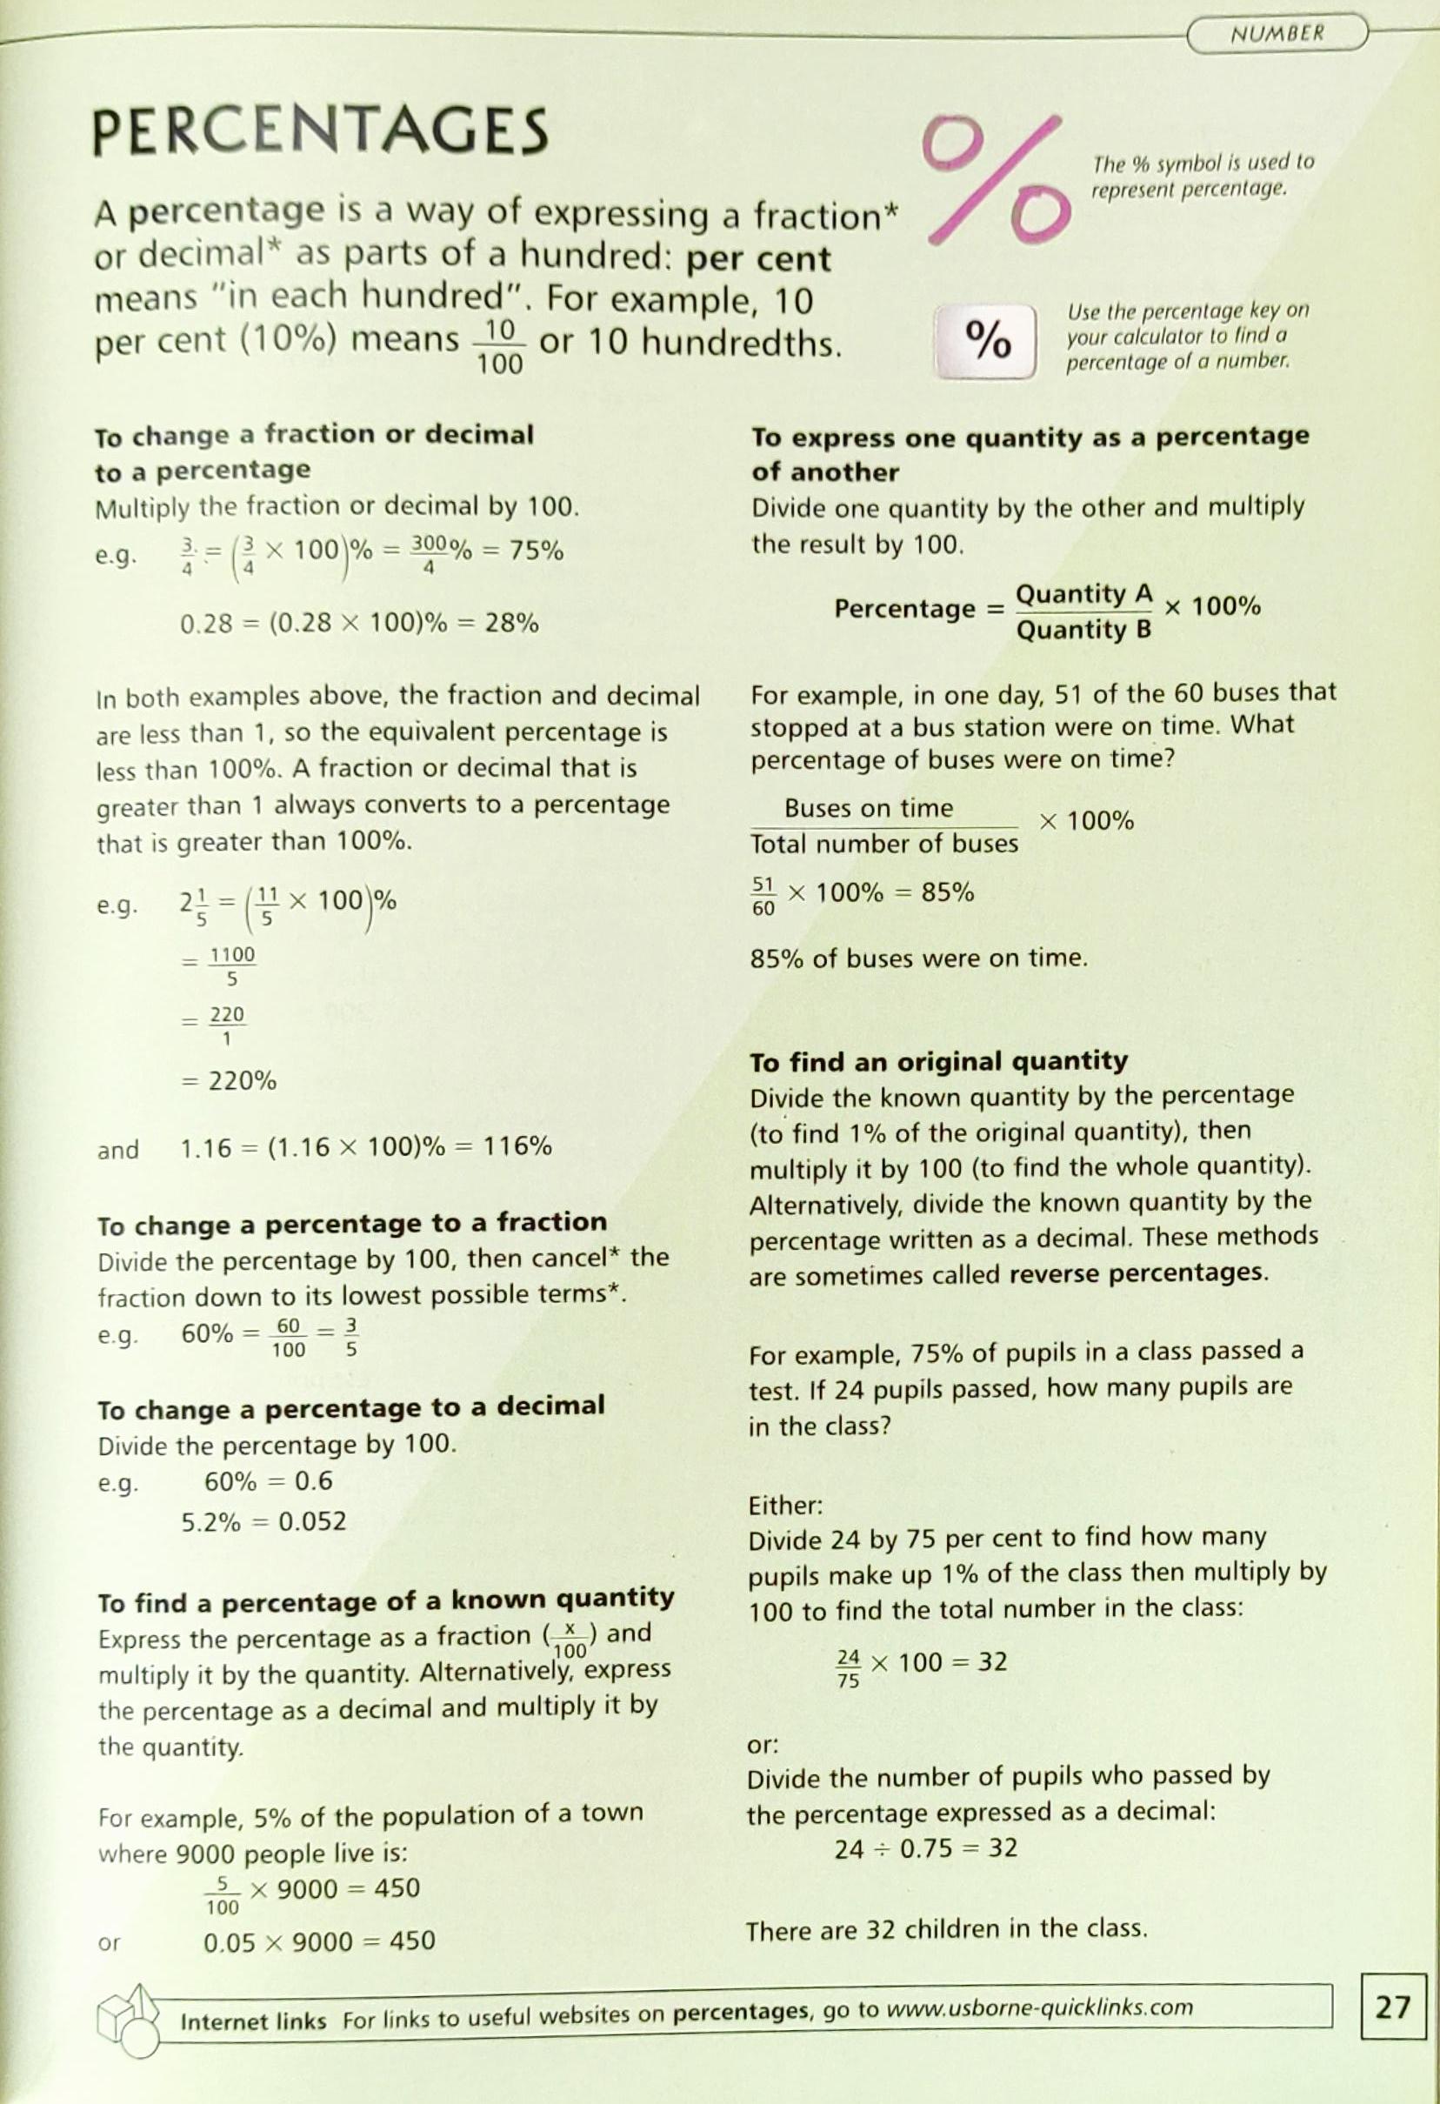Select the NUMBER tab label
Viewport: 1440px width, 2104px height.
coord(1277,35)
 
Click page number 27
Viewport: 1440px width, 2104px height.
coord(1392,2007)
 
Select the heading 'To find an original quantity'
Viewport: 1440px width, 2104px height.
coord(938,1061)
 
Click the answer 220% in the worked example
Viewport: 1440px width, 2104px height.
coord(242,1081)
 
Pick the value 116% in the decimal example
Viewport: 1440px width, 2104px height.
coord(517,1146)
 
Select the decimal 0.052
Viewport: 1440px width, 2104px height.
coord(312,1522)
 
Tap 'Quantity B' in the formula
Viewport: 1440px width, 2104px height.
coord(1083,629)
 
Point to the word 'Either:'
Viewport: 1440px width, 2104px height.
coord(785,1506)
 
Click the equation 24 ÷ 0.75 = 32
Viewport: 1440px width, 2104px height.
coord(926,1848)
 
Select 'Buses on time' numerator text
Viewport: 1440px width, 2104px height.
coord(868,807)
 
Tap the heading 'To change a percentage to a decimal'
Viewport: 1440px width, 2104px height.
coord(351,1408)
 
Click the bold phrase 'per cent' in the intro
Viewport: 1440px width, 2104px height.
coord(758,260)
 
